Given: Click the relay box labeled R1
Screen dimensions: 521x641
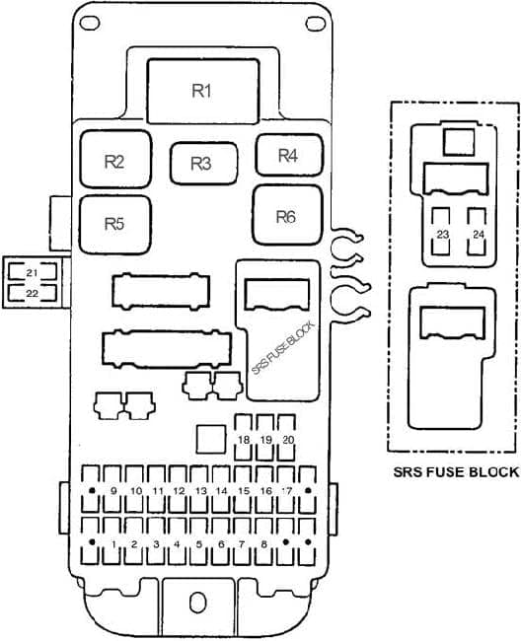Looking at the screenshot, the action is (x=203, y=91).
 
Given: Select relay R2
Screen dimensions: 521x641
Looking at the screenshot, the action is (x=115, y=160).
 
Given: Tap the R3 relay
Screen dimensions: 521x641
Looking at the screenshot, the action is (x=203, y=164).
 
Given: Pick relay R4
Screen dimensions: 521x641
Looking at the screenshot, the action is (x=289, y=155).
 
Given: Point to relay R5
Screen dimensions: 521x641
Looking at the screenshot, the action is (x=114, y=225).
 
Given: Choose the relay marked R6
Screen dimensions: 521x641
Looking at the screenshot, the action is (x=287, y=215).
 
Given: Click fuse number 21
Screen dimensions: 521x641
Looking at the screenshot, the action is (x=32, y=272).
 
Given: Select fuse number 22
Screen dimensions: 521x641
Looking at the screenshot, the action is (x=32, y=293).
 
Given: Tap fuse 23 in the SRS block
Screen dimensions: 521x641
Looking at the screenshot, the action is (x=442, y=232).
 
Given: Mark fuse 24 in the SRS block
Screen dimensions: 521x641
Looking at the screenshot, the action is (x=478, y=232).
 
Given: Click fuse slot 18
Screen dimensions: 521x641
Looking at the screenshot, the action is (x=244, y=438).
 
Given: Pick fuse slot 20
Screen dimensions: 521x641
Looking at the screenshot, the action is (x=288, y=438).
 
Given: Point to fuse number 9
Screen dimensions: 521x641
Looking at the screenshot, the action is (x=113, y=489).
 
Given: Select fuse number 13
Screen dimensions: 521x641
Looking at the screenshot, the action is (x=200, y=489).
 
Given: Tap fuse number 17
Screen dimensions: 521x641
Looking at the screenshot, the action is (x=286, y=489).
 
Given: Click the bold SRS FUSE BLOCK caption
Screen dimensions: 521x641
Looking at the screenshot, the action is (x=456, y=472).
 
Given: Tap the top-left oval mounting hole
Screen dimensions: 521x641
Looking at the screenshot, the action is (x=90, y=23).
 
